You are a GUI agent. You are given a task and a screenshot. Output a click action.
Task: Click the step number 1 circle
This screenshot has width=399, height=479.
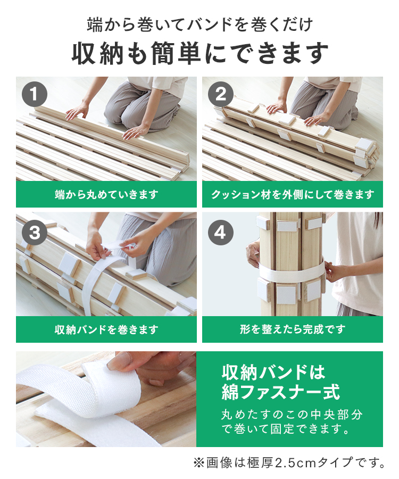(35, 94)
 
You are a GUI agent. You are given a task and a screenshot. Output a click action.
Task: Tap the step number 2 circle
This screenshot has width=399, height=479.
(221, 94)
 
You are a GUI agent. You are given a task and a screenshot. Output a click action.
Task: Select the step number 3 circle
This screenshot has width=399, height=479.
(35, 233)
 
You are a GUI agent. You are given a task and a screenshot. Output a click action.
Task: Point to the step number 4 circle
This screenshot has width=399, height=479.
(221, 233)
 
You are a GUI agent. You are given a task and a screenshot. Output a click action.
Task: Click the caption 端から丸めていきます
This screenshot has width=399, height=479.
(106, 194)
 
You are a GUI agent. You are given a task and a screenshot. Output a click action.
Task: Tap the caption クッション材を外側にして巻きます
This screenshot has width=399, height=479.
(293, 194)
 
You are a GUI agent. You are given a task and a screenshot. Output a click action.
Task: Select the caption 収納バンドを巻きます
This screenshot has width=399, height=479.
(106, 329)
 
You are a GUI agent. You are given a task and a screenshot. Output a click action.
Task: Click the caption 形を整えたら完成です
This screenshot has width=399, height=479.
(293, 329)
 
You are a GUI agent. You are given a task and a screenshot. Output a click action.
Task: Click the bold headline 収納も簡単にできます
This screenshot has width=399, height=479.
(200, 53)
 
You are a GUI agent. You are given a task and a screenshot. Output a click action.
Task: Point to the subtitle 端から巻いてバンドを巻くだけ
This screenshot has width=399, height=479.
(200, 24)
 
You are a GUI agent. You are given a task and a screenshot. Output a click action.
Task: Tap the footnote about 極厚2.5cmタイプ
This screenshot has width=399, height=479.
(289, 463)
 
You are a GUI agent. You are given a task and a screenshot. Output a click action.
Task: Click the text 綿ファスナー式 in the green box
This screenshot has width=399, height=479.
(281, 392)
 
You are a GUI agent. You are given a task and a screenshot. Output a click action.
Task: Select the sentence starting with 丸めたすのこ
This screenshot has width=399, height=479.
(292, 422)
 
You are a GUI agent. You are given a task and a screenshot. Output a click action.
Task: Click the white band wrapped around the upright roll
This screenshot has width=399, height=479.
(292, 272)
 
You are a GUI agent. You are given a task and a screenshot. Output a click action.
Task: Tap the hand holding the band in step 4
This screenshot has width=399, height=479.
(332, 271)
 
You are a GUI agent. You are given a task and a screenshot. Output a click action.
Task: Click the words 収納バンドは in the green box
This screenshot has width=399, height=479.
(273, 372)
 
